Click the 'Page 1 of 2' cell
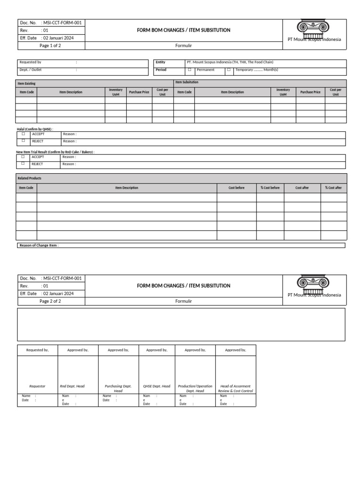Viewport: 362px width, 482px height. pos(50,46)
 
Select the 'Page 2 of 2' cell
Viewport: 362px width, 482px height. pos(50,301)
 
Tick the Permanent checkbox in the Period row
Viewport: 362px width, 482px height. pos(189,70)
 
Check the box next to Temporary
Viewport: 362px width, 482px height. pos(229,70)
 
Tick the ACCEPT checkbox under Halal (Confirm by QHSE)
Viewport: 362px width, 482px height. pos(23,134)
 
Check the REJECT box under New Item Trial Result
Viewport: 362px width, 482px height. pos(23,164)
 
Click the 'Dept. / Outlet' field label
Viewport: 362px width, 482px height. pos(30,70)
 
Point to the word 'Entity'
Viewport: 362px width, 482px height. pos(161,62)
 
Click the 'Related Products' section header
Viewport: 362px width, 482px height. pos(29,178)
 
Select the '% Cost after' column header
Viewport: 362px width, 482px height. pos(333,188)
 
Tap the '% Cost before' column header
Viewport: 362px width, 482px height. pos(270,188)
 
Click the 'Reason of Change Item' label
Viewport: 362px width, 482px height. pos(39,245)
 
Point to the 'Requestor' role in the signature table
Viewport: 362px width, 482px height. pos(37,386)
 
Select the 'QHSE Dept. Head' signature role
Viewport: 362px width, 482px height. pos(156,386)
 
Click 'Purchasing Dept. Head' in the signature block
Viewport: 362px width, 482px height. pos(118,388)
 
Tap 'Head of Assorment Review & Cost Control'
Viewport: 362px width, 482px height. pos(235,388)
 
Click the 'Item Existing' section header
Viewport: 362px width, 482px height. pos(26,83)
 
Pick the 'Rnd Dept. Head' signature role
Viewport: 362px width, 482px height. pos(72,386)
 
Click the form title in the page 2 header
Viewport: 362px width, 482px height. pos(183,286)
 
